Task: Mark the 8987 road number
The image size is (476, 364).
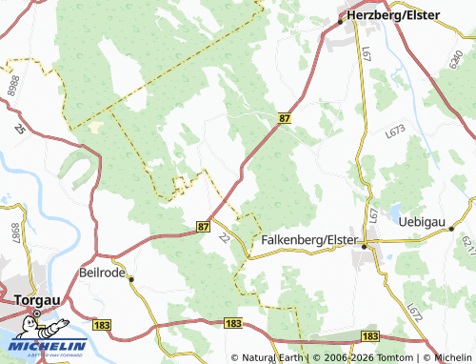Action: (14, 233)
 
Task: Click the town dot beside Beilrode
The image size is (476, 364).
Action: (132, 279)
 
